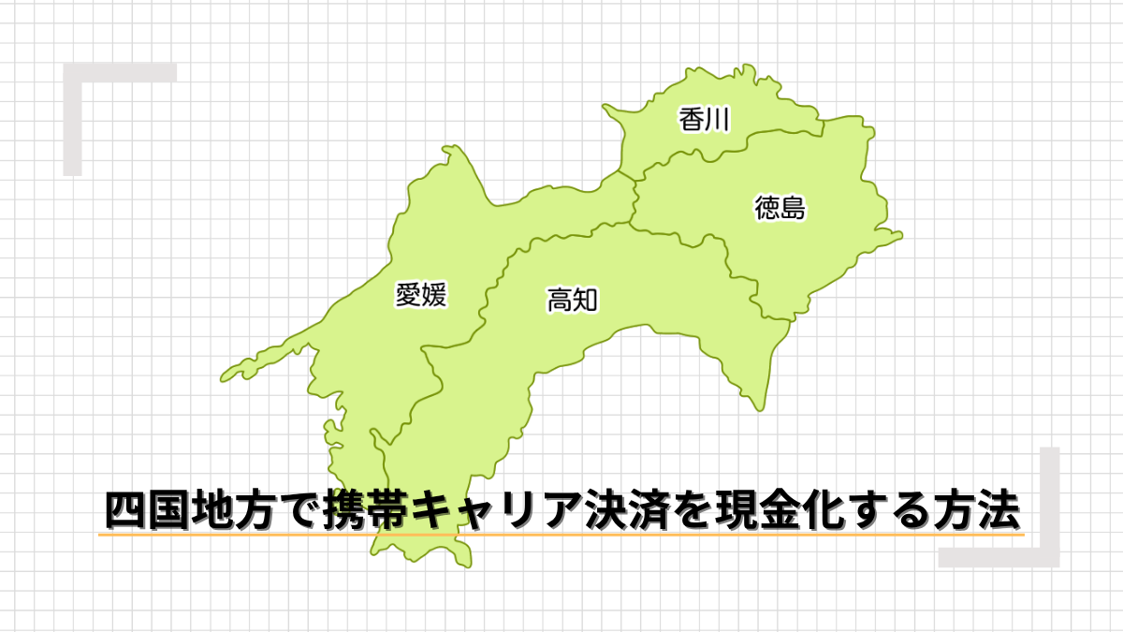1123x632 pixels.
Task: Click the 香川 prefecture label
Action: click(x=704, y=119)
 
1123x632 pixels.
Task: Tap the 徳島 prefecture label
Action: click(x=780, y=208)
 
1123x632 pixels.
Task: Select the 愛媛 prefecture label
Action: click(x=421, y=295)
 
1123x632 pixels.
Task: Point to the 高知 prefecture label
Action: click(x=572, y=300)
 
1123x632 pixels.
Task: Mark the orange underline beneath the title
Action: click(x=561, y=535)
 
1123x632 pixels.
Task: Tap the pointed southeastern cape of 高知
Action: click(x=759, y=406)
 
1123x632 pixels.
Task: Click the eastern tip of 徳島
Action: click(x=900, y=235)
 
